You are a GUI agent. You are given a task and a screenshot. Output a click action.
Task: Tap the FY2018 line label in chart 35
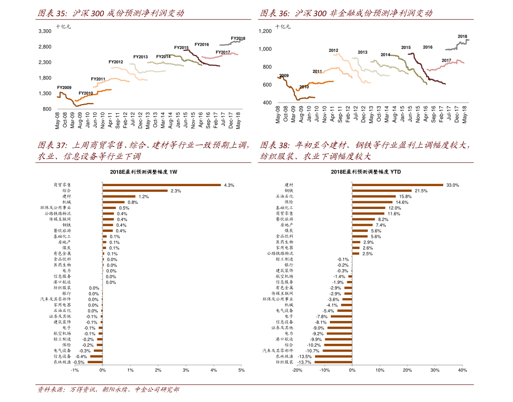coord(238,38)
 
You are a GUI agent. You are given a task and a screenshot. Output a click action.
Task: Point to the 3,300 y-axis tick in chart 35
coord(45,31)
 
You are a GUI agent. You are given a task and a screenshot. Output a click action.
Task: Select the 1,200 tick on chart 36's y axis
coord(265,31)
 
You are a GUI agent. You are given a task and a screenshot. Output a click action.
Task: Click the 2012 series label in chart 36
coord(333,50)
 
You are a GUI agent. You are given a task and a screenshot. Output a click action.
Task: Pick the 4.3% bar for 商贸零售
coord(162,185)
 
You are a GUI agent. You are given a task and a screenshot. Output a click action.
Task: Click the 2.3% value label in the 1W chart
coord(176,191)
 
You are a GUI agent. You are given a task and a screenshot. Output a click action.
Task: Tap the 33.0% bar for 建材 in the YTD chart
coord(398,185)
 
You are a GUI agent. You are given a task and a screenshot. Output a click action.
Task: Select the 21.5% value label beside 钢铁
coord(421,191)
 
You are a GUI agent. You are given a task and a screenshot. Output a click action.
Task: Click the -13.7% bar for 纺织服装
coord(333,362)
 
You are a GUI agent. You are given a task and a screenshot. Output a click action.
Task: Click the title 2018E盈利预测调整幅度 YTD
coord(366,172)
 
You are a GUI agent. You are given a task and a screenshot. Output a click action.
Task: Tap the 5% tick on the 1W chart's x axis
coord(241,371)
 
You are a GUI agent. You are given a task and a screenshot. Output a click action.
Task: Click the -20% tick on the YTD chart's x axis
coord(297,371)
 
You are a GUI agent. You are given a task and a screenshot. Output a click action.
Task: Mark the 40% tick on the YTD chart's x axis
coord(462,371)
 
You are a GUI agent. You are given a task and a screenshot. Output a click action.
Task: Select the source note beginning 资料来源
coord(109,390)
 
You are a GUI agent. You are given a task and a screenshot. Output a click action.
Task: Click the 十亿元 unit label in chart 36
coord(283,27)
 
